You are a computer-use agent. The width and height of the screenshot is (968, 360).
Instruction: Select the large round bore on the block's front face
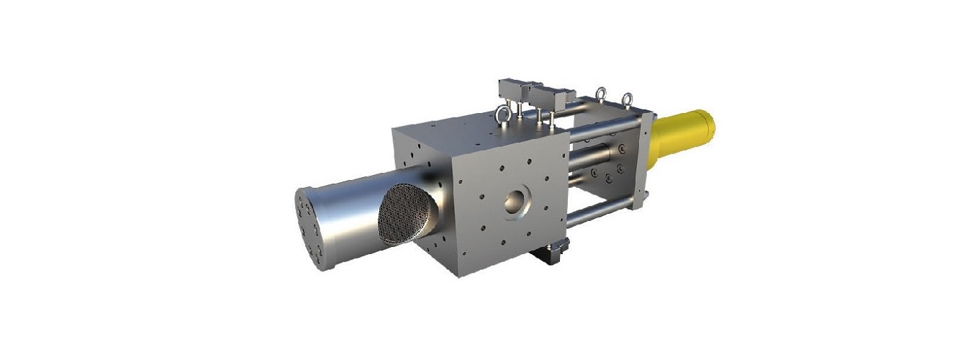(515, 202)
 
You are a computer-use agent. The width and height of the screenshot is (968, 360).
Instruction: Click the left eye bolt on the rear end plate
(600, 95)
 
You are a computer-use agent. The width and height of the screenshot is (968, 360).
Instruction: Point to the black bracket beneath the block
(552, 251)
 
